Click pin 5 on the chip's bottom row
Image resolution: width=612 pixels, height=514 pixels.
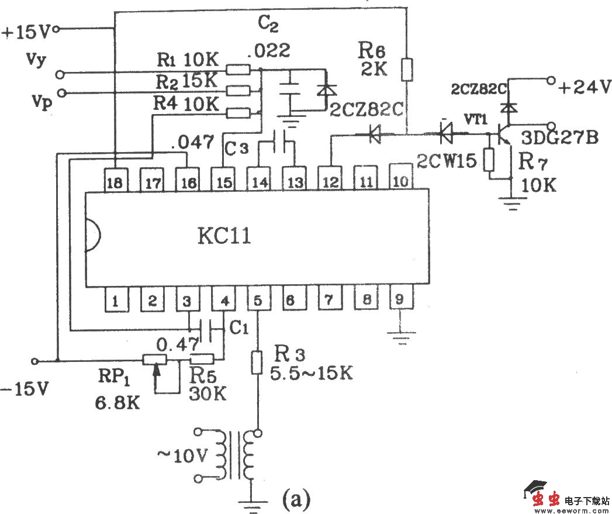(x=258, y=300)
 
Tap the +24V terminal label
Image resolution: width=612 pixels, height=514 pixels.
(x=584, y=88)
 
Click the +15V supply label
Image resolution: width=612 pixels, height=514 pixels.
(x=26, y=31)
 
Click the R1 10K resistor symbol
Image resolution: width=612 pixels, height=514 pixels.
(x=237, y=70)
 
